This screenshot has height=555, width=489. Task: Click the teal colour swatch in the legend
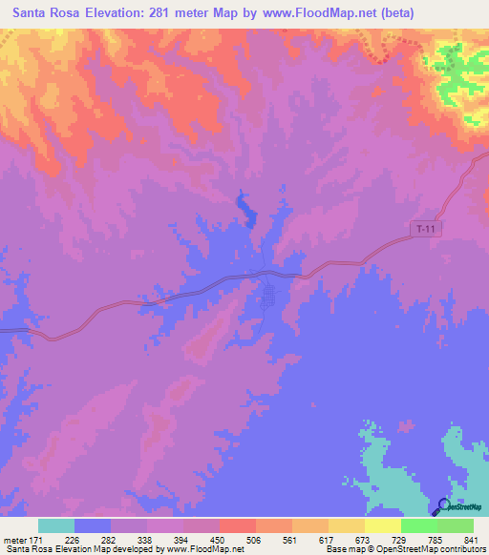tap(56, 525)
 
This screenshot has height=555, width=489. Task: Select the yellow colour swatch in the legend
tap(347, 525)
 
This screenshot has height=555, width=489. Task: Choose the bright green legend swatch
tap(419, 525)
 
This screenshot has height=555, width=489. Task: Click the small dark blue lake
tap(244, 207)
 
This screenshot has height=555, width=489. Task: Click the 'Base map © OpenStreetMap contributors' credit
tap(402, 550)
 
